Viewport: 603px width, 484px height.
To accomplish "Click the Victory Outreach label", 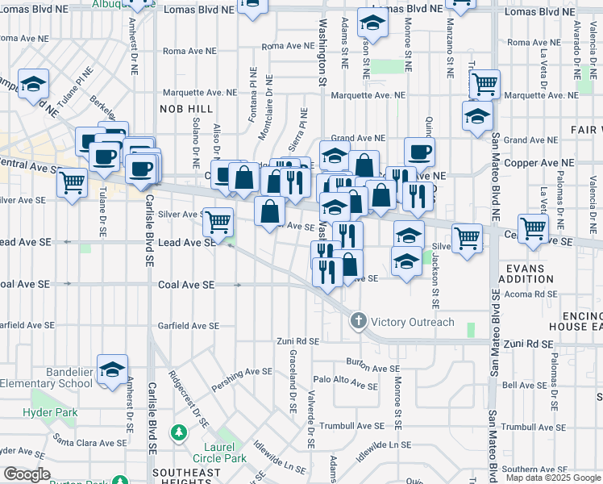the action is click(412, 322).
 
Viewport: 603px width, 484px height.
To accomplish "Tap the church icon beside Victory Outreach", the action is click(360, 322).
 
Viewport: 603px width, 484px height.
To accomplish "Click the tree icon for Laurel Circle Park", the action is click(177, 434).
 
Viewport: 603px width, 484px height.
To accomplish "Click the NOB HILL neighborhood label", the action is click(187, 108).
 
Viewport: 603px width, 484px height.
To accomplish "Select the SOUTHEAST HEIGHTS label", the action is click(186, 478).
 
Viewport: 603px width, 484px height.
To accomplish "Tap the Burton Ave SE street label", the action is click(372, 367).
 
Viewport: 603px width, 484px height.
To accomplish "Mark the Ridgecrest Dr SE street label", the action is click(189, 398).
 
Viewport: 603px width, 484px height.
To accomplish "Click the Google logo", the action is click(27, 474).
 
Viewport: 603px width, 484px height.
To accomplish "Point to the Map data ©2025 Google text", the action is click(554, 478).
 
